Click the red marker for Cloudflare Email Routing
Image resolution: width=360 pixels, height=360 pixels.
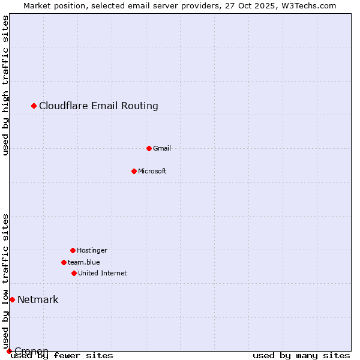coord(34,106)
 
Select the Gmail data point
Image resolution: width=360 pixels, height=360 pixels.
coord(149,148)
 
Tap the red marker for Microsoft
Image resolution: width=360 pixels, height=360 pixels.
coord(134,171)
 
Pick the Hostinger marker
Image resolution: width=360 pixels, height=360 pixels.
coord(73,250)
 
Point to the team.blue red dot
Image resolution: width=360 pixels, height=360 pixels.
coord(64,262)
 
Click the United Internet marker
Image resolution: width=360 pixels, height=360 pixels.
coord(74,273)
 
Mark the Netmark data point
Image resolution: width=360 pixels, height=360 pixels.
coord(12,299)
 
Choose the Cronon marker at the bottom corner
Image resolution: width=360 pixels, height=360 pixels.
coord(9,351)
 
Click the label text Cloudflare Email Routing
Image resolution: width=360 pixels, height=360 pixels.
coord(98,106)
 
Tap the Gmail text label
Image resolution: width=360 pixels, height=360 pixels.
coord(162,148)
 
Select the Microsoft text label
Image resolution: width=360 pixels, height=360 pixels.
coord(152,171)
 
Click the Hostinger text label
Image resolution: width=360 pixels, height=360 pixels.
coord(92,250)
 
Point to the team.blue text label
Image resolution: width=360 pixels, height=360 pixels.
coord(84,262)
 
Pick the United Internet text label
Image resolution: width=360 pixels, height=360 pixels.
coord(103,273)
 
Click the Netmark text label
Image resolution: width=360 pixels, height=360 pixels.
coord(38,299)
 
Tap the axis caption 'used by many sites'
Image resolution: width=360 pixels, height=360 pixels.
coord(301,356)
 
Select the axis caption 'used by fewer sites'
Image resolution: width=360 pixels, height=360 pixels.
coord(62,356)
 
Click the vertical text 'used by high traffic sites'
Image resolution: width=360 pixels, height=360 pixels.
coord(5,85)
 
